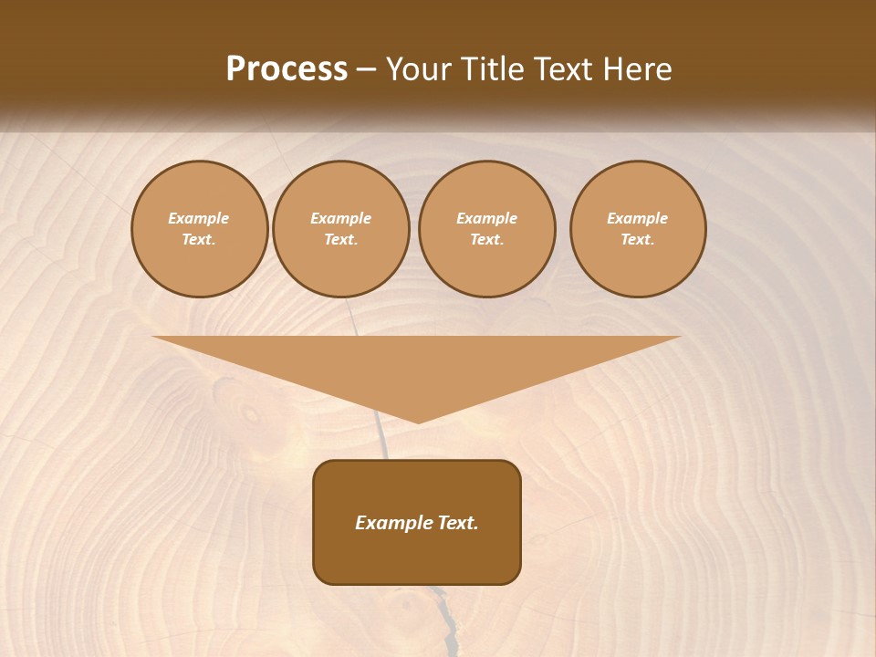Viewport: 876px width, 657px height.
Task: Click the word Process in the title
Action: pyautogui.click(x=287, y=69)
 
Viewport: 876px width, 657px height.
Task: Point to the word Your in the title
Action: pyautogui.click(x=419, y=69)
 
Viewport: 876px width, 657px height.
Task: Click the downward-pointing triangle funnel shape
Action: pyautogui.click(x=417, y=365)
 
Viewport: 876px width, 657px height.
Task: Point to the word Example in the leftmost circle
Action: pyautogui.click(x=199, y=218)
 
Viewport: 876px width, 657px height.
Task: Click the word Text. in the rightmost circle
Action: pyautogui.click(x=638, y=239)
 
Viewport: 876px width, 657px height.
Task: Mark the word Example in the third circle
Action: pyautogui.click(x=486, y=218)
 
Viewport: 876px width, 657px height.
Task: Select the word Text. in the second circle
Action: pyautogui.click(x=341, y=239)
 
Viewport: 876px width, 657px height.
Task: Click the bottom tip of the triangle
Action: pyautogui.click(x=418, y=421)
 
